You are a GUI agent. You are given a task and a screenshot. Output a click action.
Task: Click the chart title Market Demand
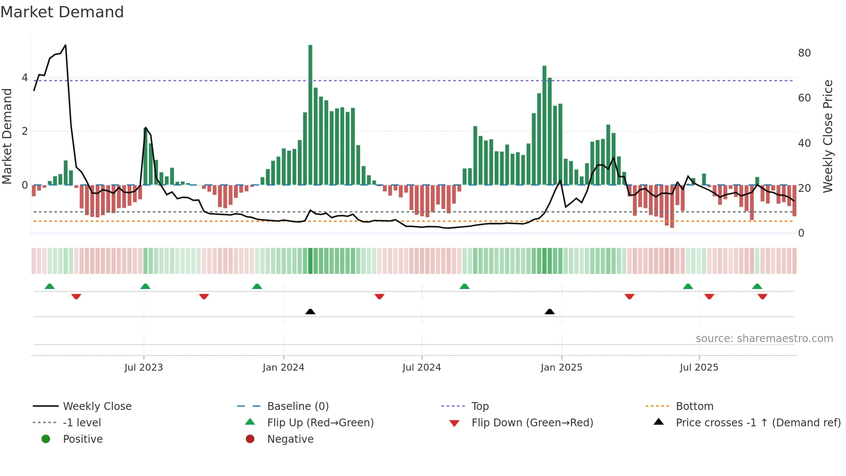coord(62,12)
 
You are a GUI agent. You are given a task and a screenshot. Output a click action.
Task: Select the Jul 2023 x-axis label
coord(143,367)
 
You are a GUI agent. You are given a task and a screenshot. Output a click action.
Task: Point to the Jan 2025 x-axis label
coord(561,367)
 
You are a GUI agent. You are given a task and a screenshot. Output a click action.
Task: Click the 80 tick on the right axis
coord(804,53)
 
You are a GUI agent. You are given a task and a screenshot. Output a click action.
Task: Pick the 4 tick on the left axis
coord(25,78)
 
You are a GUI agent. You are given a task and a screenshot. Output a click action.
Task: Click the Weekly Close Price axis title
coord(827,136)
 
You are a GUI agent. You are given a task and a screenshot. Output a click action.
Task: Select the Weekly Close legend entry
coord(97,406)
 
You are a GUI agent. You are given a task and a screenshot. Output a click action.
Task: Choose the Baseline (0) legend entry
coord(298,406)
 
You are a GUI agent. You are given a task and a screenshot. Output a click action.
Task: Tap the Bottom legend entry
coord(694,406)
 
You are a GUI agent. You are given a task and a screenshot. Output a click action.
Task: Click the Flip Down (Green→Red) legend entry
coord(532,422)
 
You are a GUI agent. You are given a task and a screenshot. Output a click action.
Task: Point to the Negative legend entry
coord(290,439)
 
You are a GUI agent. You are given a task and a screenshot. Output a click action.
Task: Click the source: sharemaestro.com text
coord(764,338)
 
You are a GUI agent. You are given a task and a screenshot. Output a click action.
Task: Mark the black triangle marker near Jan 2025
coord(549,311)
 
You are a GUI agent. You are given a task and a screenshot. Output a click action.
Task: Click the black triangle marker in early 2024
coord(310,311)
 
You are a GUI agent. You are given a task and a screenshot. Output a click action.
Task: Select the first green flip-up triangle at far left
coord(50,286)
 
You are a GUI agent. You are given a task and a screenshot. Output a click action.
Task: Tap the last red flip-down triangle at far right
coord(762,296)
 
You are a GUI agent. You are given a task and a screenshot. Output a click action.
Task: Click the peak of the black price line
coord(65,45)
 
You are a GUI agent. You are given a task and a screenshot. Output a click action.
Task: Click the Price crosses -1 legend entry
coord(758,422)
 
